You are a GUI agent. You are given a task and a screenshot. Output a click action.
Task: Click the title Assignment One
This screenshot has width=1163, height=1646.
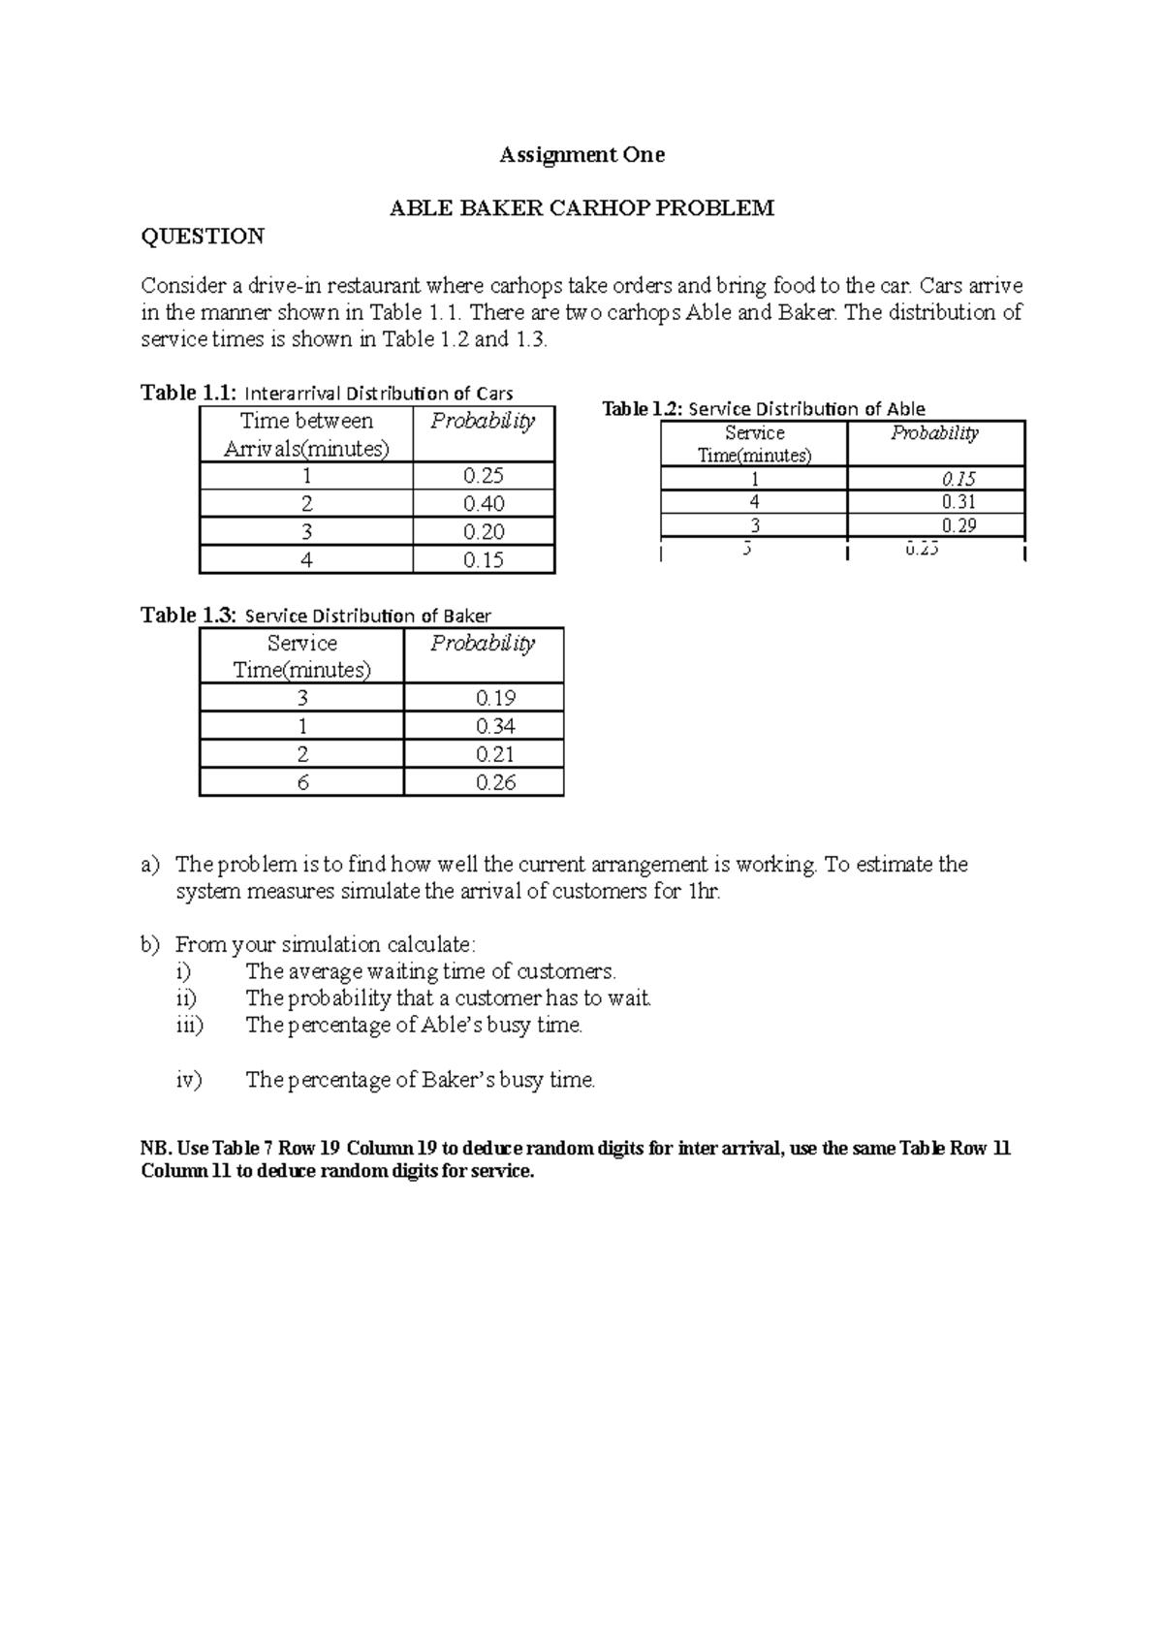[x=581, y=155]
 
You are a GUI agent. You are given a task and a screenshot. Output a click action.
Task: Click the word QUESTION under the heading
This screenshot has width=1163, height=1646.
[x=203, y=237]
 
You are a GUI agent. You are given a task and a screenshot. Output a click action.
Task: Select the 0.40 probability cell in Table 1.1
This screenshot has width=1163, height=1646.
[x=483, y=504]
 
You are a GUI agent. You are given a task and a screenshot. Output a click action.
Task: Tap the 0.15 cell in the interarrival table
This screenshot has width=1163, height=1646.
[x=483, y=560]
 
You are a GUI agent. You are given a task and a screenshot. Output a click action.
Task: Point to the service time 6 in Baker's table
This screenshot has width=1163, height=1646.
[x=301, y=782]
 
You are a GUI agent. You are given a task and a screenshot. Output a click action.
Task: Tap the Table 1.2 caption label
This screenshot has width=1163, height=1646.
[x=643, y=409]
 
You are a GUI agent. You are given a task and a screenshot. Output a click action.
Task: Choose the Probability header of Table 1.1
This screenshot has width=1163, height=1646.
[x=482, y=422]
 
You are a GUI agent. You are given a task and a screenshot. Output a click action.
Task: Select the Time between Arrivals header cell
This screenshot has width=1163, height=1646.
[x=306, y=434]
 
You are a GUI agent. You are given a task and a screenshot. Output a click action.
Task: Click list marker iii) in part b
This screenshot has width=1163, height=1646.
[x=189, y=1026]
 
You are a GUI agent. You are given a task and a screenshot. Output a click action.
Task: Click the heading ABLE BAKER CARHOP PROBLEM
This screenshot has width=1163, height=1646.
[x=581, y=208]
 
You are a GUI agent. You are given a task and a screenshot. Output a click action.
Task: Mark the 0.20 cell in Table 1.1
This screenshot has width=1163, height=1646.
[x=483, y=532]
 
